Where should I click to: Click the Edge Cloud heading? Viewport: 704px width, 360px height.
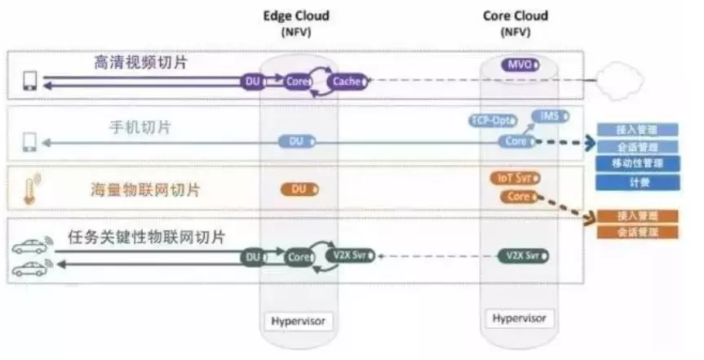[296, 16]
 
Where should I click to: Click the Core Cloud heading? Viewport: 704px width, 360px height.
[515, 16]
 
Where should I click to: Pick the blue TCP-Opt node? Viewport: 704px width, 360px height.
[493, 121]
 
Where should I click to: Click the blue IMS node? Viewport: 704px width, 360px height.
[547, 116]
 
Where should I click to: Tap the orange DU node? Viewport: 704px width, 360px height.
[299, 189]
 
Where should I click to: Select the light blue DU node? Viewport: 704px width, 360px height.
[297, 142]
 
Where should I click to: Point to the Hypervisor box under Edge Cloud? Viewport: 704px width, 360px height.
[297, 321]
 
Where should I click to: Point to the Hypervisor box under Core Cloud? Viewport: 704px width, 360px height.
[517, 318]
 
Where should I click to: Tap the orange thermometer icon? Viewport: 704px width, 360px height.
[31, 189]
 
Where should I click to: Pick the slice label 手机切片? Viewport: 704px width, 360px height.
[139, 127]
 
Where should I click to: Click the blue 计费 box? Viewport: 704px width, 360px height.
[638, 183]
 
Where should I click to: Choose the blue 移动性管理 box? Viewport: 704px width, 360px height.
[638, 164]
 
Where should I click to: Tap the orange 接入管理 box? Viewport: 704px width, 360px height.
[638, 216]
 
